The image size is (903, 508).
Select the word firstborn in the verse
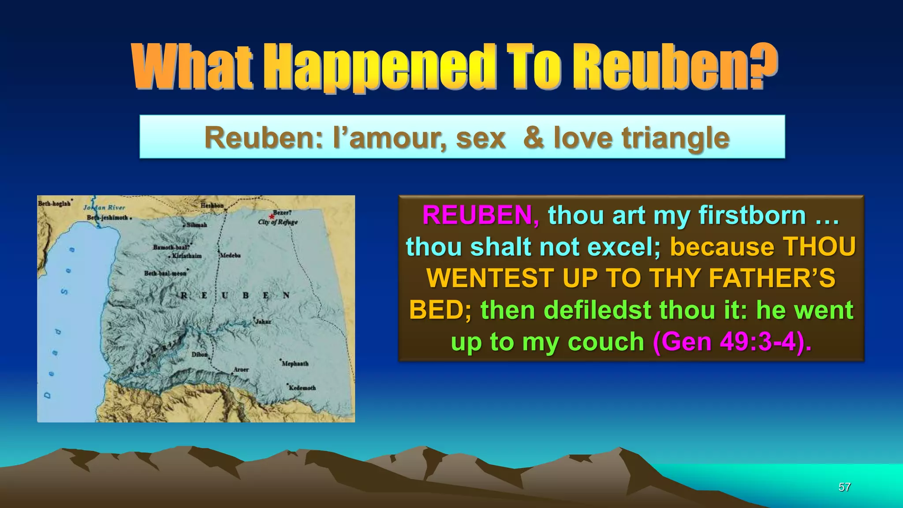click(752, 215)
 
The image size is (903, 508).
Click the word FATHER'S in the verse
click(772, 278)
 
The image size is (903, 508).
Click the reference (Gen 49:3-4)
click(732, 342)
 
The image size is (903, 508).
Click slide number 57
click(844, 487)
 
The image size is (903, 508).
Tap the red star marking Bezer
click(272, 216)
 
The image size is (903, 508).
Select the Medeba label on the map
click(230, 255)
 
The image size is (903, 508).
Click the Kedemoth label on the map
click(302, 388)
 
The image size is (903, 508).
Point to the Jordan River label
click(104, 207)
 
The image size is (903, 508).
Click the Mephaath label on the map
click(295, 364)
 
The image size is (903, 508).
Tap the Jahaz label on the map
click(263, 321)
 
